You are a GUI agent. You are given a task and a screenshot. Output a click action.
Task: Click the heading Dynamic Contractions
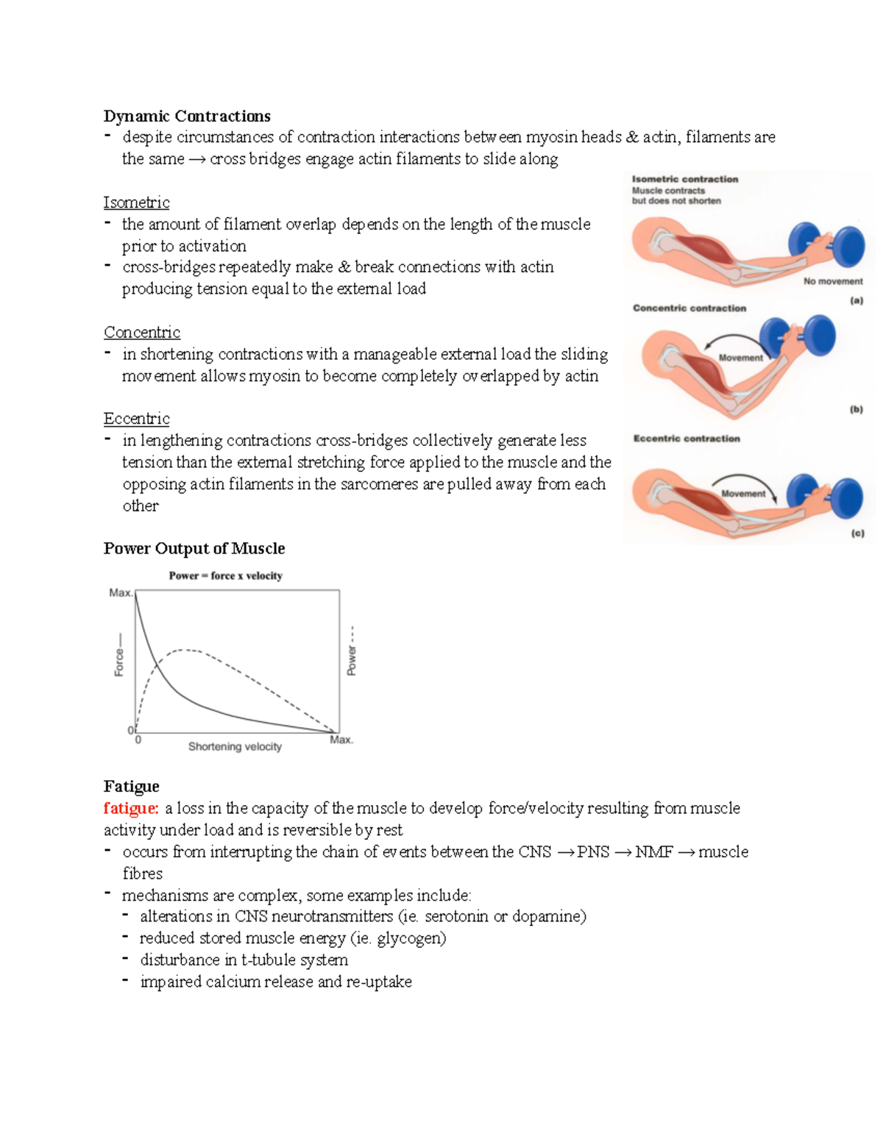tap(187, 116)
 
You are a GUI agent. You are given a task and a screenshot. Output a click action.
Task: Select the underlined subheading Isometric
tap(136, 202)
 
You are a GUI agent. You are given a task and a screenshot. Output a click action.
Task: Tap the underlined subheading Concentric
tap(141, 333)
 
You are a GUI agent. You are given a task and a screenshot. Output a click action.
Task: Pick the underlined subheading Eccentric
tap(136, 419)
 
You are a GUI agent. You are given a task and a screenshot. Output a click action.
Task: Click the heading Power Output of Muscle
tap(194, 548)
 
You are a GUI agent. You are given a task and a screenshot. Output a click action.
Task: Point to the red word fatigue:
tap(131, 808)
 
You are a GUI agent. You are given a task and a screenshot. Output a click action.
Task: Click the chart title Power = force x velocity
tap(225, 576)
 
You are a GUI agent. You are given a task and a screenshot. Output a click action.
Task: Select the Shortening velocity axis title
tap(235, 746)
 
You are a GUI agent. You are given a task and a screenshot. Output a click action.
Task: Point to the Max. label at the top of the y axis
tap(120, 592)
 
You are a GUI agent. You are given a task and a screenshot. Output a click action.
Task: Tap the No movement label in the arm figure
tap(833, 281)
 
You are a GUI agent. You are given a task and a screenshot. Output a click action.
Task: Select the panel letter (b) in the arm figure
tap(856, 409)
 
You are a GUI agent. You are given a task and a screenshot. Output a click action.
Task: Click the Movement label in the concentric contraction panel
tap(740, 358)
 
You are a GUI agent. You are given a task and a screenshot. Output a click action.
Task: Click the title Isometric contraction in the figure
tap(684, 179)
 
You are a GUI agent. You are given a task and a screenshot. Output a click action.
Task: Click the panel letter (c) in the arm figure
tap(857, 533)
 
